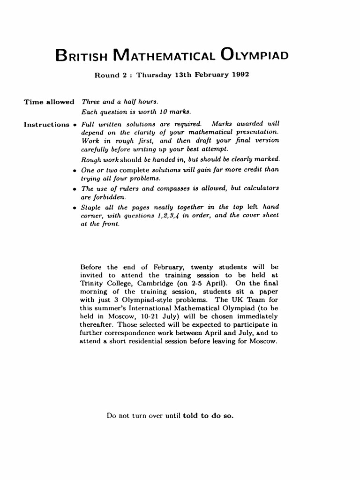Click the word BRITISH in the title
pos(82,56)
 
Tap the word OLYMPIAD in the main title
pos(255,56)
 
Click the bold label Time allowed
pos(49,102)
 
